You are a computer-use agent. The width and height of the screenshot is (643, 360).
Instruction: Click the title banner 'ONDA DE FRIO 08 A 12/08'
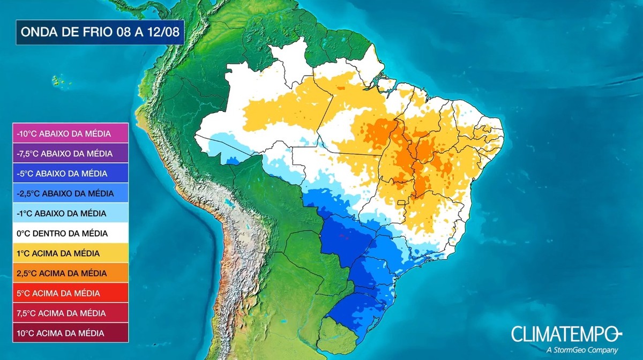[100, 32]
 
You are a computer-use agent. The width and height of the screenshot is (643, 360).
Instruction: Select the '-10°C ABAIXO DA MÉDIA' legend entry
[71, 133]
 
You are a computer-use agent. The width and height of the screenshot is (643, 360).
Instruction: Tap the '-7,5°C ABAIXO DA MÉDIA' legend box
[71, 153]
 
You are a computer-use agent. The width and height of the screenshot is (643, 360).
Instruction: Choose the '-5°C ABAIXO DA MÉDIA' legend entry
[71, 174]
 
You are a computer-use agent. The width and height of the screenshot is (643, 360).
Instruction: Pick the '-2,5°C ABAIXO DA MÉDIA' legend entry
[71, 193]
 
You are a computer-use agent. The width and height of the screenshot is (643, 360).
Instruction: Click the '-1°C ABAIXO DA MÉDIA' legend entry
[71, 213]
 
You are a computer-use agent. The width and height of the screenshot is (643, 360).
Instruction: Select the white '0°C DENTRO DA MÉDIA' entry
[71, 233]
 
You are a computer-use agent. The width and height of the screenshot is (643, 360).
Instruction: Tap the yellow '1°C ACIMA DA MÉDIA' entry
[71, 253]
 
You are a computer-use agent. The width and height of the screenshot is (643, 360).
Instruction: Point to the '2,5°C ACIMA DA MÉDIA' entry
[71, 273]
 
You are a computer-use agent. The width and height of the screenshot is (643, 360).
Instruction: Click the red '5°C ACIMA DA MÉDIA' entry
[71, 293]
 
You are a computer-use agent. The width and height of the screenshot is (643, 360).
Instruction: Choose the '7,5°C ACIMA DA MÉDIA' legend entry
[71, 313]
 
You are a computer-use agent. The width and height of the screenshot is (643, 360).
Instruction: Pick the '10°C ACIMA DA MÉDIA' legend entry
[71, 333]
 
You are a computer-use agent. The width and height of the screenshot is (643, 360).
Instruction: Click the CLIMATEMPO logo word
[566, 334]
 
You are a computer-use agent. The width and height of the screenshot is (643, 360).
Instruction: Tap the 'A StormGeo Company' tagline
[582, 350]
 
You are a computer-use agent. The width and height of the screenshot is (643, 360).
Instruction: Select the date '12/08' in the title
[165, 32]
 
